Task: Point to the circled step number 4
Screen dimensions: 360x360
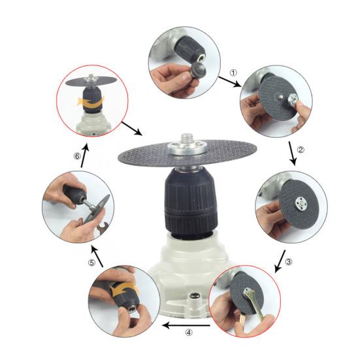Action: pyautogui.click(x=189, y=331)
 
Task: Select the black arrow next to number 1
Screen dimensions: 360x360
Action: pyautogui.click(x=228, y=80)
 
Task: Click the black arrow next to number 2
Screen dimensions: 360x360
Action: pyautogui.click(x=291, y=155)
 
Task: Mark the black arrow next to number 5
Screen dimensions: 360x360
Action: pyautogui.click(x=96, y=254)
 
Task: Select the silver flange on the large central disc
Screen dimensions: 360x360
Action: pyautogui.click(x=187, y=150)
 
